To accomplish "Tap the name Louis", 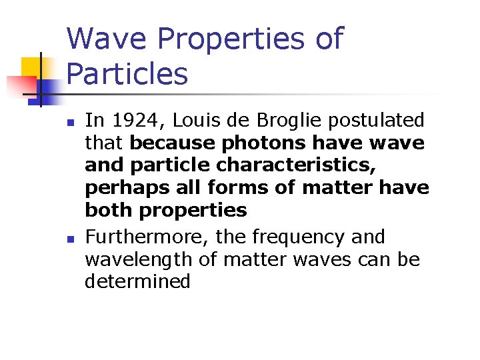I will point(191,121).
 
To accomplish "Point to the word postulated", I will point(373,121).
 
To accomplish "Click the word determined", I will point(137,281).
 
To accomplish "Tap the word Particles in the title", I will point(127,73).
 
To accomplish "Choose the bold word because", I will point(173,143).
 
